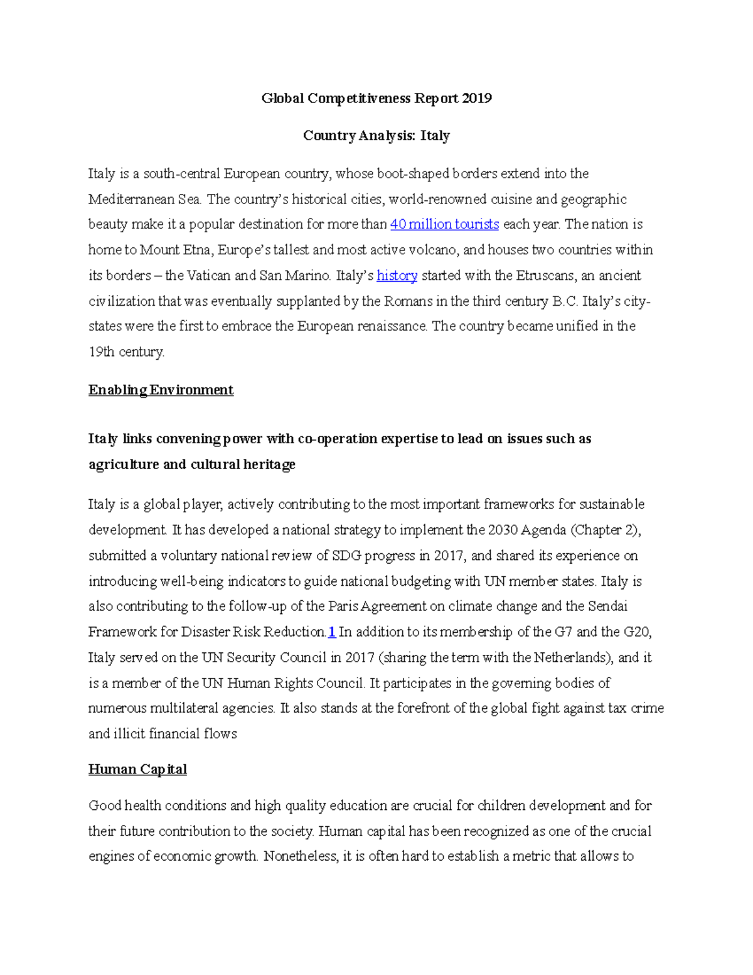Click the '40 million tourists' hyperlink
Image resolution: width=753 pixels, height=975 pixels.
pos(444,224)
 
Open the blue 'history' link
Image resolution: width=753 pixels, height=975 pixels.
pos(397,276)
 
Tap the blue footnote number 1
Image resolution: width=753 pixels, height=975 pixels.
pos(332,632)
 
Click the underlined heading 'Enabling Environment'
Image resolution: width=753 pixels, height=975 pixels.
pos(161,390)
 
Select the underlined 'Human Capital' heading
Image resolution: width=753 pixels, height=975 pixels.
pos(137,769)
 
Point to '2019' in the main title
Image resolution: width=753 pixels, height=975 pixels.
pos(476,98)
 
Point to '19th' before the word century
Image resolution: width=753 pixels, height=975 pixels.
pos(101,352)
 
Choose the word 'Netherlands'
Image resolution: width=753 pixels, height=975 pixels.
pos(571,657)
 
